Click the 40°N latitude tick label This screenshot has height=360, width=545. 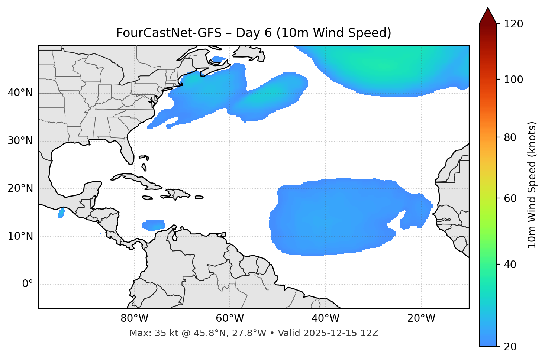pyautogui.click(x=20, y=93)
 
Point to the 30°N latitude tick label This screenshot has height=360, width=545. pyautogui.click(x=20, y=141)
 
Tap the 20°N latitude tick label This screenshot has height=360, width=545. pyautogui.click(x=20, y=188)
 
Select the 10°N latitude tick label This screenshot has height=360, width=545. pyautogui.click(x=20, y=236)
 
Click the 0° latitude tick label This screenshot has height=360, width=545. pyautogui.click(x=28, y=284)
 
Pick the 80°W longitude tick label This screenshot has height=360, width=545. pyautogui.click(x=134, y=318)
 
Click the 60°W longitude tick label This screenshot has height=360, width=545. pyautogui.click(x=230, y=318)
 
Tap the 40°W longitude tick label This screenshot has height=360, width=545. pyautogui.click(x=325, y=318)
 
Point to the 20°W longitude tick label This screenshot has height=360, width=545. pyautogui.click(x=421, y=318)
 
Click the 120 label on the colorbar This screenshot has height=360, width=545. pyautogui.click(x=513, y=24)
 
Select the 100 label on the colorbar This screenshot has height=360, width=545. pyautogui.click(x=513, y=80)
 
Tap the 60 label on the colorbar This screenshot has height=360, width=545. pyautogui.click(x=510, y=198)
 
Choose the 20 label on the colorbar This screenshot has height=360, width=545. pyautogui.click(x=510, y=347)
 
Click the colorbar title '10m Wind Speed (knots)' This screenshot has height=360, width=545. pyautogui.click(x=532, y=185)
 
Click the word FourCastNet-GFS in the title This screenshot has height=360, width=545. pyautogui.click(x=168, y=33)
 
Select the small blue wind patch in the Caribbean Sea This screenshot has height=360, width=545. pyautogui.click(x=153, y=225)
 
